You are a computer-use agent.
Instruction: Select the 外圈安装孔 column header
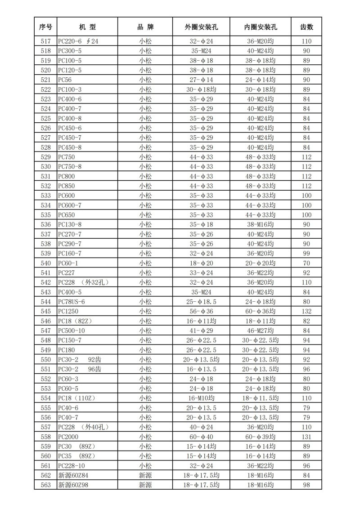(x=201, y=27)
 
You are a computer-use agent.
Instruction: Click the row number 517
(x=45, y=41)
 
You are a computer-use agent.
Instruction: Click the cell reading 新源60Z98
(x=74, y=485)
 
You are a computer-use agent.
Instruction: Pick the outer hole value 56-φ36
(x=201, y=311)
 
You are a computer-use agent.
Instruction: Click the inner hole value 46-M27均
(x=260, y=330)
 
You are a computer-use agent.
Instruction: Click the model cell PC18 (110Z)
(x=76, y=398)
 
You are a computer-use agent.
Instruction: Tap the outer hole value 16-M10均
(x=201, y=398)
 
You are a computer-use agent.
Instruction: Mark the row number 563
(x=45, y=485)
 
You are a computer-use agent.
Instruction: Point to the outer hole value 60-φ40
(x=201, y=437)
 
